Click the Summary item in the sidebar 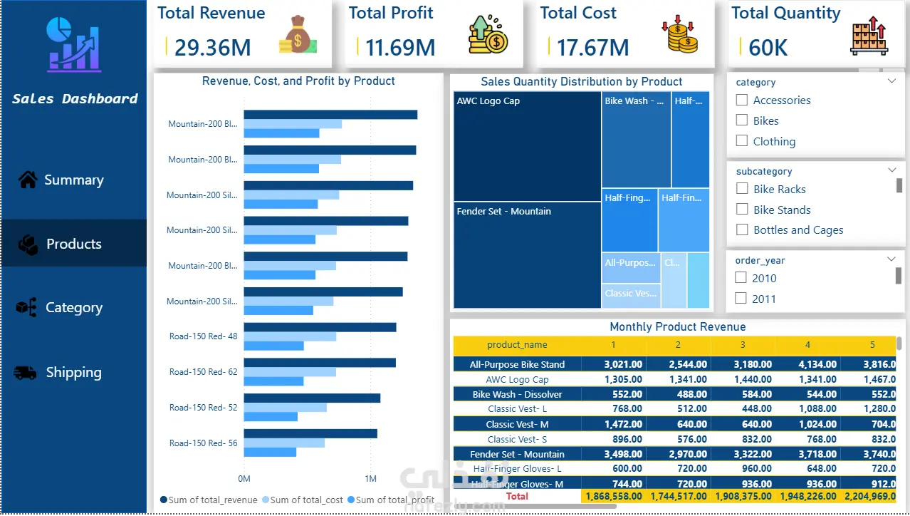73,180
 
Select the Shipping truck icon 26,373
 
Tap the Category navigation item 73,308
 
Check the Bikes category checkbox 742,120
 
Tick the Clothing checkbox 742,141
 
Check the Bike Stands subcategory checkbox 742,210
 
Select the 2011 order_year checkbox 741,299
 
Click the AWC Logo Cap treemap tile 527,147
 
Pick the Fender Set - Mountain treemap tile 527,255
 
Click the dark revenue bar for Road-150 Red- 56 310,433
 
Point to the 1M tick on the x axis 370,479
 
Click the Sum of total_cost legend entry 302,500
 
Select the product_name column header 517,345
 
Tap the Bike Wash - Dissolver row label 517,394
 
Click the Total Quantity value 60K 768,48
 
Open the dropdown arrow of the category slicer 892,81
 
